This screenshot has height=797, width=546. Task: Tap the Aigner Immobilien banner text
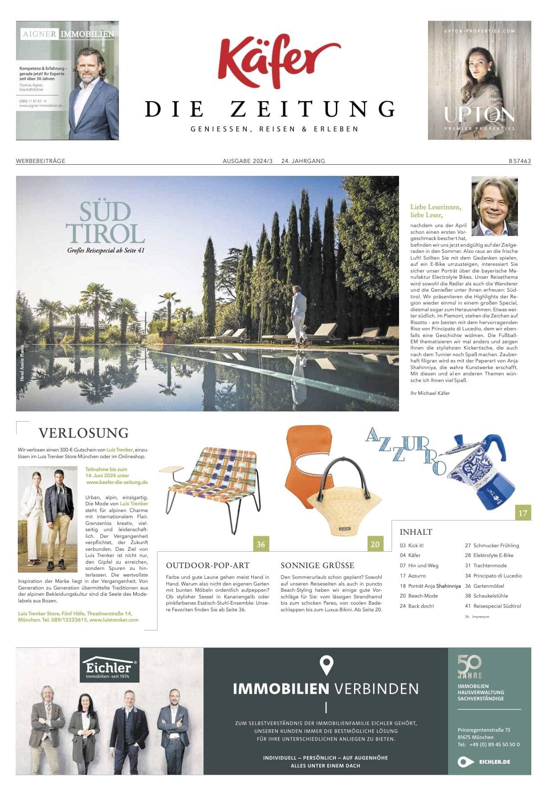68,34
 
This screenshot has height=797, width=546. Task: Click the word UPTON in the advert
479,115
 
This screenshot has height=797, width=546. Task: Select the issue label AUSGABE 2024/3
248,161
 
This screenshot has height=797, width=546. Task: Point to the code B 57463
520,161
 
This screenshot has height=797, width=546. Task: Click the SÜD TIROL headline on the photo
106,223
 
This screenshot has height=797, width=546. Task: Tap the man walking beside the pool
299,316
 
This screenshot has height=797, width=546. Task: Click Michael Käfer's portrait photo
494,206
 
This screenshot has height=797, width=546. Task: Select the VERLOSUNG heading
84,433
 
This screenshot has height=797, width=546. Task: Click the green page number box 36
261,544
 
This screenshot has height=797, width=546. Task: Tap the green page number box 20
375,544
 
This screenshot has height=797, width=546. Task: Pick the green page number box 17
523,513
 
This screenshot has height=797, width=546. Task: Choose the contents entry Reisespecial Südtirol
497,606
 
